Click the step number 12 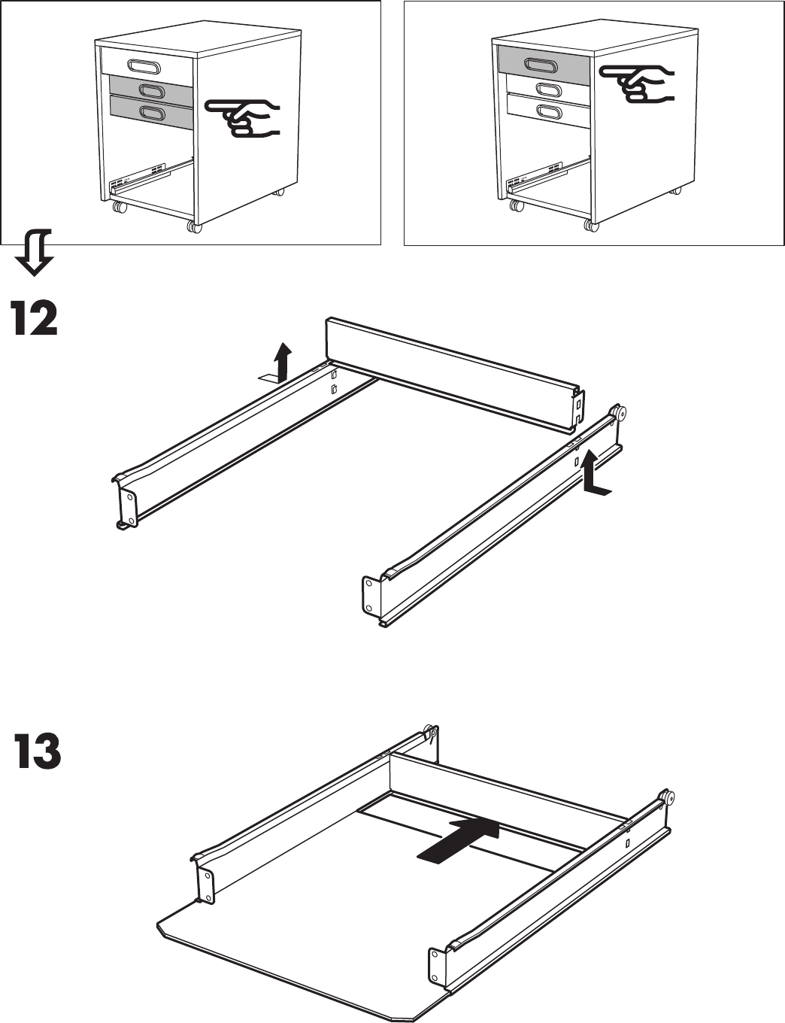(34, 319)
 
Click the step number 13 (38, 752)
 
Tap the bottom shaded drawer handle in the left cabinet (153, 113)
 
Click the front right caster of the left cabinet (195, 226)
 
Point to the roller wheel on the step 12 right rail (620, 412)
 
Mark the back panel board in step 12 (451, 372)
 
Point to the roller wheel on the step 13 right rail (666, 798)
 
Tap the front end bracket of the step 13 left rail (205, 885)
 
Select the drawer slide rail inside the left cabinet (142, 178)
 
